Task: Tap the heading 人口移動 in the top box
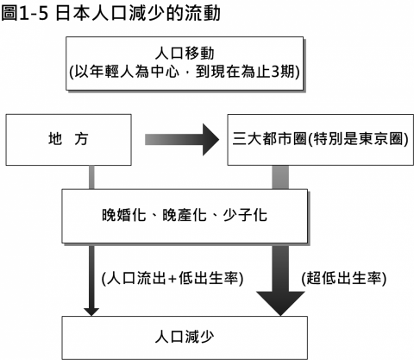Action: pos(185,54)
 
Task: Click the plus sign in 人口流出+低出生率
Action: pos(172,279)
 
